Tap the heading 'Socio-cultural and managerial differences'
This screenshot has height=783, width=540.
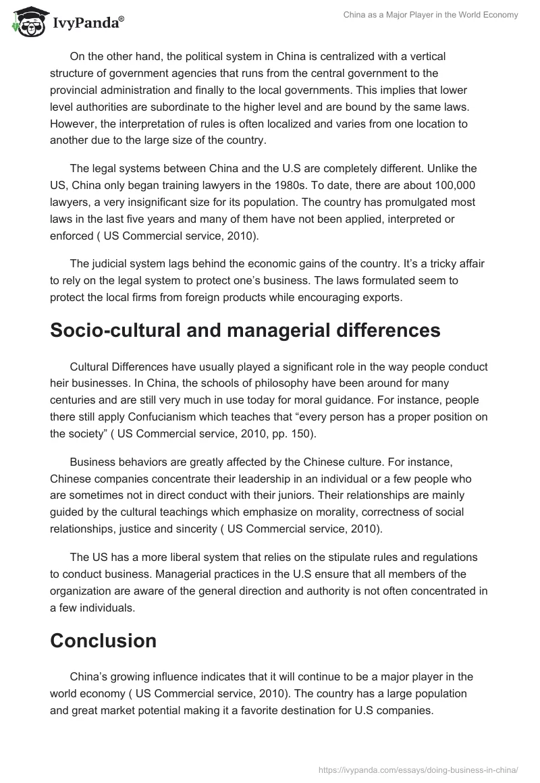tap(245, 330)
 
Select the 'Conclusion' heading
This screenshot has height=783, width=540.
tap(103, 640)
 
